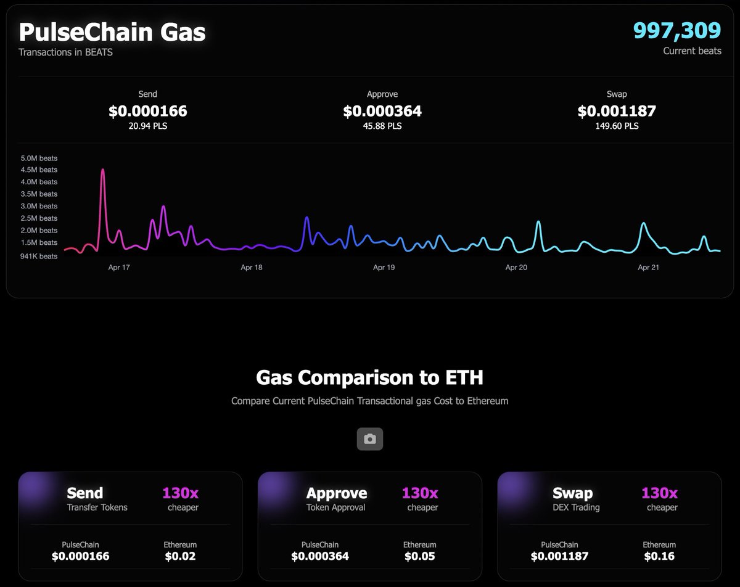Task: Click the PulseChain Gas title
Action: pyautogui.click(x=112, y=31)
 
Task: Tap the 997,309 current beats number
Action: pyautogui.click(x=677, y=30)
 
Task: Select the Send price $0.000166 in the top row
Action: pyautogui.click(x=148, y=111)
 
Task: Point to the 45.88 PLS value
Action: pyautogui.click(x=382, y=126)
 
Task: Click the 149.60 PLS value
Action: pyautogui.click(x=617, y=126)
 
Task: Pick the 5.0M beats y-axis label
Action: pyautogui.click(x=39, y=158)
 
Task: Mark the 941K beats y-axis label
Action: pyautogui.click(x=39, y=256)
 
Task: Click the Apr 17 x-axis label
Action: pyautogui.click(x=119, y=268)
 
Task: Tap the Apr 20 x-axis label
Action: pyautogui.click(x=516, y=268)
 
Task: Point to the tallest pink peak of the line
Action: pyautogui.click(x=102, y=170)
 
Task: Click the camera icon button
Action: pyautogui.click(x=370, y=439)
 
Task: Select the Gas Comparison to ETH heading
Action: pyautogui.click(x=370, y=377)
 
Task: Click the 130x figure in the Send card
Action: pyautogui.click(x=181, y=493)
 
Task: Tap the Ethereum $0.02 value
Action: pyautogui.click(x=180, y=556)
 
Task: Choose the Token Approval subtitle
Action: pyautogui.click(x=336, y=507)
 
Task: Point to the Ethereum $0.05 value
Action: pyautogui.click(x=420, y=556)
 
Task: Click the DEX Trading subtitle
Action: pyautogui.click(x=576, y=507)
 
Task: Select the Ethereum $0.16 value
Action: pyautogui.click(x=659, y=556)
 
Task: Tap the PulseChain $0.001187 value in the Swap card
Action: pyautogui.click(x=559, y=556)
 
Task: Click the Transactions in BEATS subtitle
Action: pyautogui.click(x=65, y=52)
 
